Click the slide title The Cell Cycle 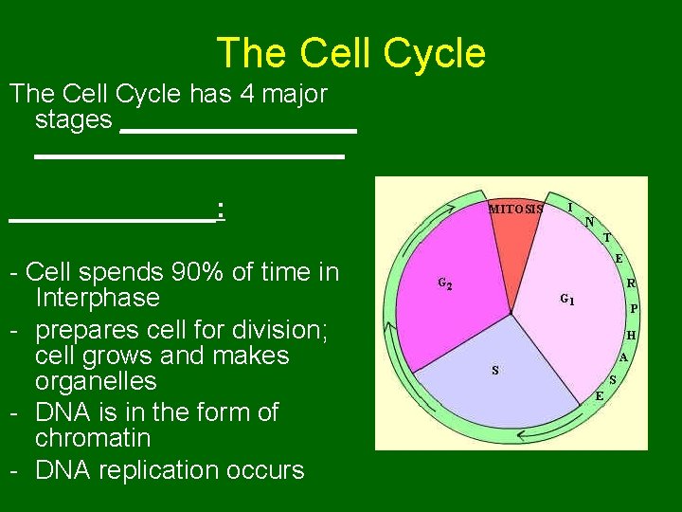pyautogui.click(x=350, y=53)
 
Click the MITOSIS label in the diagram pyautogui.click(x=515, y=209)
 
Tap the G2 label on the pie pyautogui.click(x=444, y=283)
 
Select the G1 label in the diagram pyautogui.click(x=566, y=300)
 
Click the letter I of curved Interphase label pyautogui.click(x=569, y=206)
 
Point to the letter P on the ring pyautogui.click(x=634, y=309)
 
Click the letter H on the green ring pyautogui.click(x=630, y=335)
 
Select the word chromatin pyautogui.click(x=92, y=438)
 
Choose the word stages pyautogui.click(x=73, y=119)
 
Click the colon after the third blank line pyautogui.click(x=220, y=209)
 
